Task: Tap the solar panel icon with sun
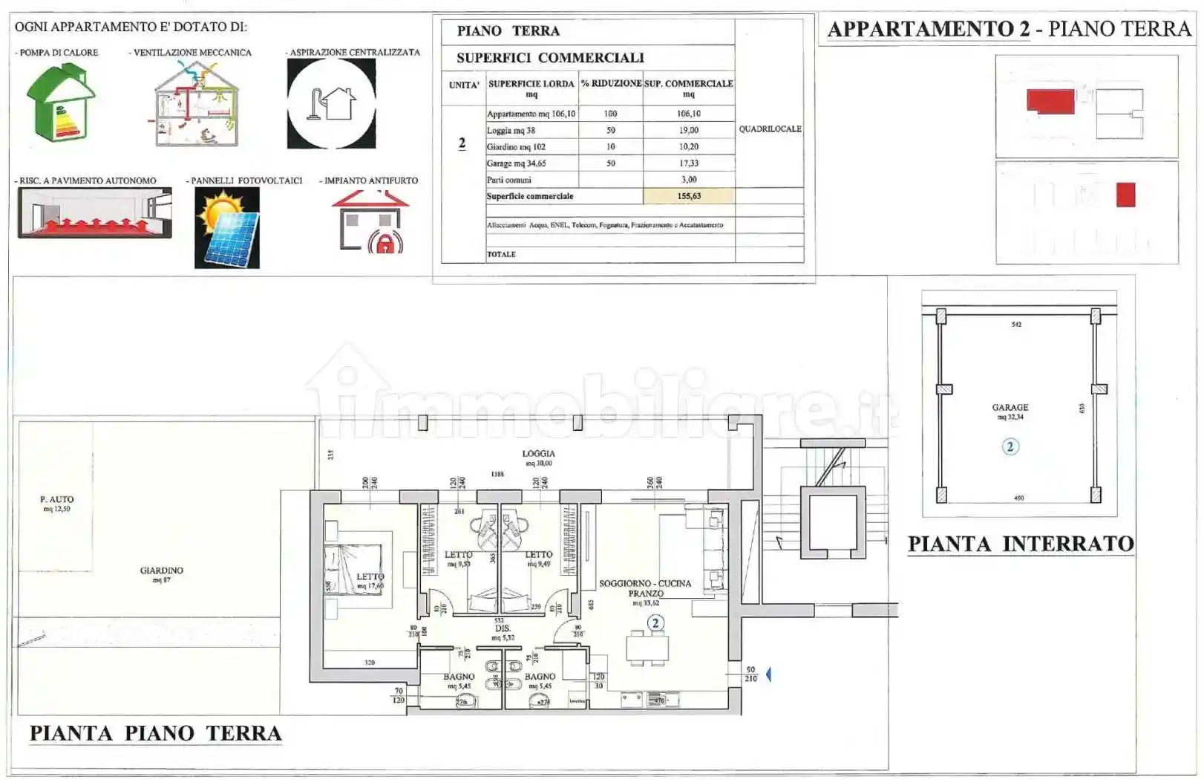click(x=227, y=227)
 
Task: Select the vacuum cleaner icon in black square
click(x=331, y=103)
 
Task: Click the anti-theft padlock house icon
click(x=370, y=221)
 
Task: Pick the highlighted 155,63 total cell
click(x=688, y=196)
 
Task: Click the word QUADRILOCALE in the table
click(x=770, y=129)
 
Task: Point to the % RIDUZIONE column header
click(x=611, y=84)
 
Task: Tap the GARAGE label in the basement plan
click(x=1010, y=408)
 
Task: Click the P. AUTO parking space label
click(x=57, y=500)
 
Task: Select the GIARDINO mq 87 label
click(x=161, y=571)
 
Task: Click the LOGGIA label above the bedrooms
click(x=538, y=454)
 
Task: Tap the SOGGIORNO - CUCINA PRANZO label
click(x=644, y=588)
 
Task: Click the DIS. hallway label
click(x=503, y=628)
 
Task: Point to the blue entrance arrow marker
click(x=768, y=675)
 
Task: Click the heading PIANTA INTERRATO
click(x=1021, y=545)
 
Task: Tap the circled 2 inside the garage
click(x=1010, y=446)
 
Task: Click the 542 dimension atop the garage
click(x=1016, y=325)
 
